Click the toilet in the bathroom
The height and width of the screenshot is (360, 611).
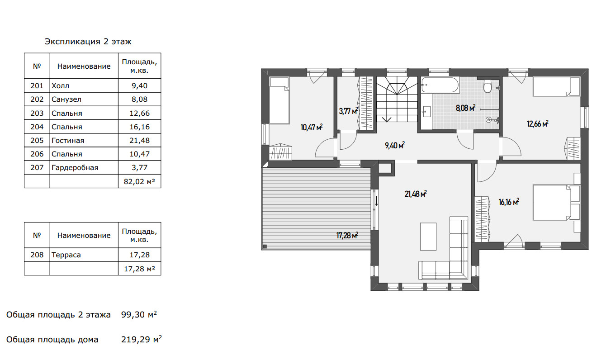(488, 86)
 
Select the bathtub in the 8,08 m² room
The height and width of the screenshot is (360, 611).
(440, 85)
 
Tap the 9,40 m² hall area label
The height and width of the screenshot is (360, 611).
(395, 145)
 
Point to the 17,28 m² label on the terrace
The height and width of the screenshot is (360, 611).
(347, 235)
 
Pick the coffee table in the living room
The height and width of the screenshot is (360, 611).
(428, 237)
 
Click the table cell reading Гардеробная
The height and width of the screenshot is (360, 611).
(75, 167)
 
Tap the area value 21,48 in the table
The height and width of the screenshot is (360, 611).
(139, 141)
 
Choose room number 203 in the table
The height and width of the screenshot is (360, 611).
(37, 113)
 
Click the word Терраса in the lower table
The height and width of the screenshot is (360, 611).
(66, 255)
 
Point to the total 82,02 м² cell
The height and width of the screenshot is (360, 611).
(139, 181)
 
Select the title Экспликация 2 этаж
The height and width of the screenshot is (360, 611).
(88, 42)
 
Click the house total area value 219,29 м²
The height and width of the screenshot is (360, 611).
(141, 339)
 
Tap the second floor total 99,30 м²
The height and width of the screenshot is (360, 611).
(139, 314)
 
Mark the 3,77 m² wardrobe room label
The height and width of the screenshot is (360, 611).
(348, 111)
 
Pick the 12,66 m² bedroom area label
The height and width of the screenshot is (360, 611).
(537, 123)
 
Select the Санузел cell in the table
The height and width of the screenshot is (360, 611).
(66, 99)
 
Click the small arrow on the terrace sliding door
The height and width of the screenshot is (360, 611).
(376, 201)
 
